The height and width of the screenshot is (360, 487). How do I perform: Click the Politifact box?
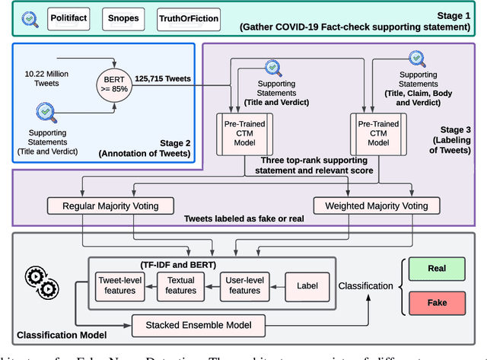[74, 17]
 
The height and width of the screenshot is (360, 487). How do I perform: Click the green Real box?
[437, 269]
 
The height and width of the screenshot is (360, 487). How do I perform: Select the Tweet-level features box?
[121, 285]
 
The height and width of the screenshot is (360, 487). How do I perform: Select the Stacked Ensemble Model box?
[201, 325]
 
